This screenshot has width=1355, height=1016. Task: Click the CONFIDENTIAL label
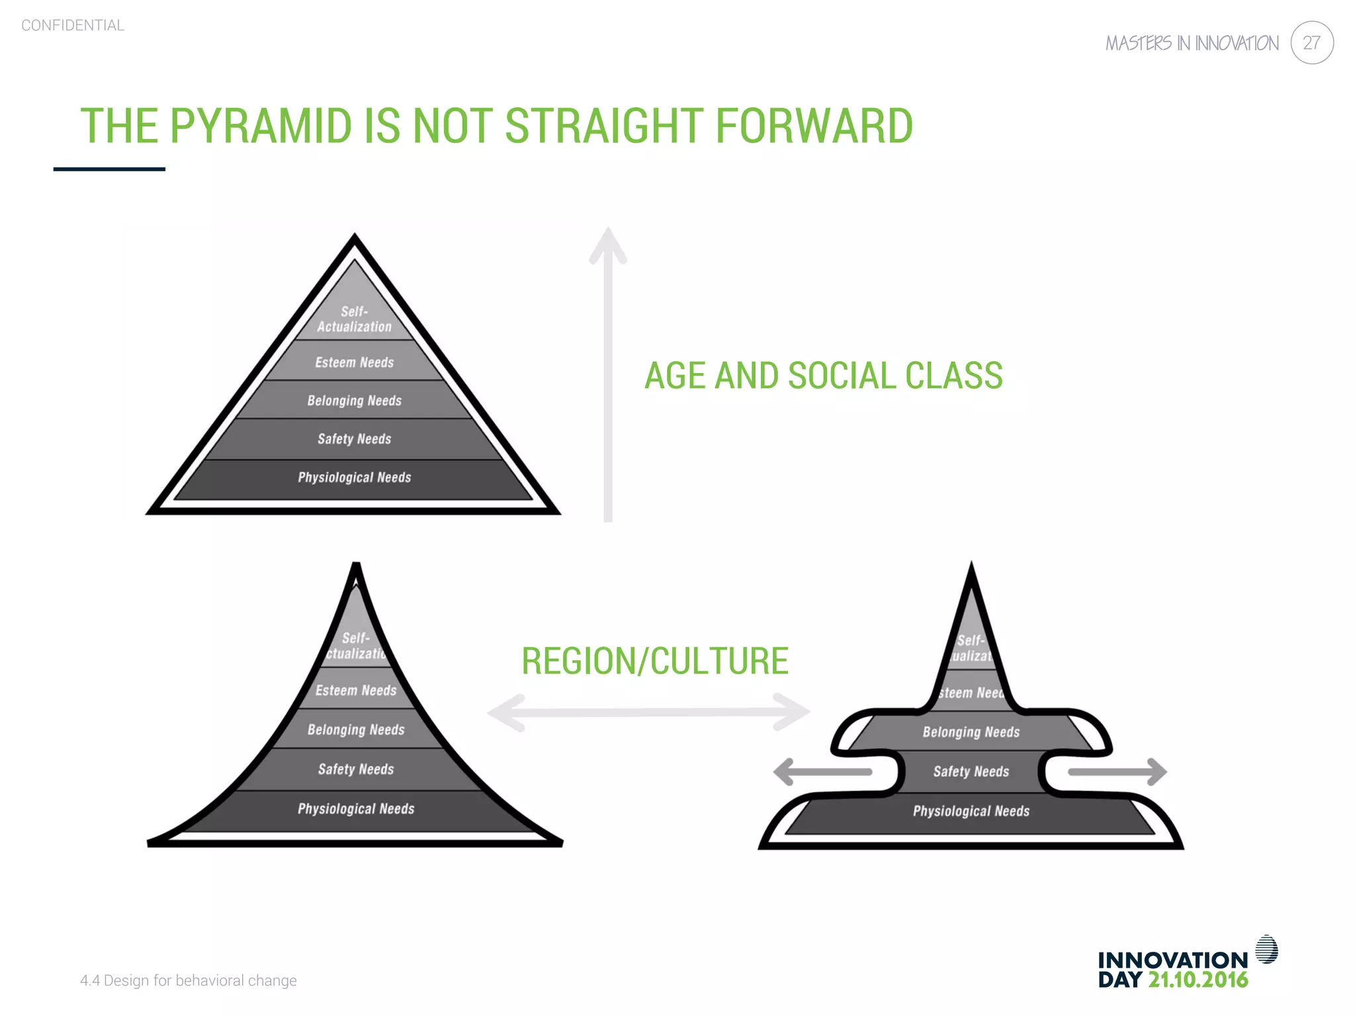click(73, 25)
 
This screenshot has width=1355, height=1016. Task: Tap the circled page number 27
click(1311, 43)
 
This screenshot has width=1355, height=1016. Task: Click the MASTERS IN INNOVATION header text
click(1192, 44)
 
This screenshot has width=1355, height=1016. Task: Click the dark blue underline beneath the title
click(109, 169)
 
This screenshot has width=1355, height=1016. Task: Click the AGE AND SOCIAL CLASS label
click(823, 376)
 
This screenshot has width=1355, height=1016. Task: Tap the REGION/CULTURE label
click(655, 661)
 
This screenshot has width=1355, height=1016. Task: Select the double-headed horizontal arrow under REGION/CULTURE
click(648, 712)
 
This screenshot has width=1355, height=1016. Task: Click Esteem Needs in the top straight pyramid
click(354, 362)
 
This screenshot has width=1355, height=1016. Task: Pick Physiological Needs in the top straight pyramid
click(354, 478)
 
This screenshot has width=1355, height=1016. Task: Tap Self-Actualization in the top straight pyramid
click(354, 319)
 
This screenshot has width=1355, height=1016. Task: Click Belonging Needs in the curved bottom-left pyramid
click(356, 730)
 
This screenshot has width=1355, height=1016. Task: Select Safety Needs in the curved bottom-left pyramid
click(356, 769)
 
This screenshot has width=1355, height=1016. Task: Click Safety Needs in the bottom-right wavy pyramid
click(971, 771)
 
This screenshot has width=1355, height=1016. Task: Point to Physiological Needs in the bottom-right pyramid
click(971, 811)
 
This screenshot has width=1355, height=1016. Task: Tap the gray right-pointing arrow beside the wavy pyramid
click(1118, 772)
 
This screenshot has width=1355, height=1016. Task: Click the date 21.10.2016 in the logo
click(1198, 980)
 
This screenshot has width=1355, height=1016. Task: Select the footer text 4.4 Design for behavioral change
click(189, 980)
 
